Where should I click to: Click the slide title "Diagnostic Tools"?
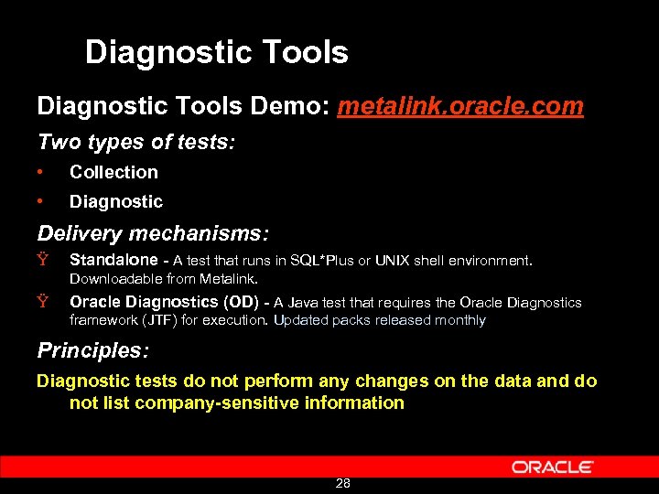click(216, 52)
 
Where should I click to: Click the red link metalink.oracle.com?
click(460, 106)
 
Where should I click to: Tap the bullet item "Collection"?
click(113, 172)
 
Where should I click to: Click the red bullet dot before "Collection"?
click(41, 172)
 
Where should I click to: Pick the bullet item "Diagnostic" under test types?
click(115, 201)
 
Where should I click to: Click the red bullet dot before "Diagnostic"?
click(41, 201)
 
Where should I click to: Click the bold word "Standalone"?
click(113, 261)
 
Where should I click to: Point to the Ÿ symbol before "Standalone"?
click(42, 261)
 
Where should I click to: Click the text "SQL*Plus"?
click(322, 261)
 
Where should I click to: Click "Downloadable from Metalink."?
click(164, 278)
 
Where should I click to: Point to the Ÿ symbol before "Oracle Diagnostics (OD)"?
click(42, 302)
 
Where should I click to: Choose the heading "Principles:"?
click(92, 350)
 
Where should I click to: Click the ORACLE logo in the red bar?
click(552, 467)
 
